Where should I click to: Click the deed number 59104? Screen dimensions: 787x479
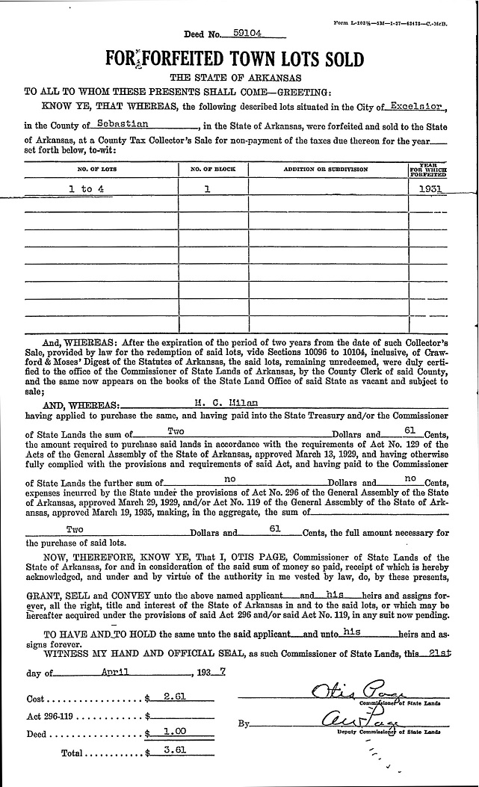246,33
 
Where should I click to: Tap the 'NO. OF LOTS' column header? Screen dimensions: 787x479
102,170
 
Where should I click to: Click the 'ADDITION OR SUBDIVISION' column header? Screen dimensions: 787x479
326,170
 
